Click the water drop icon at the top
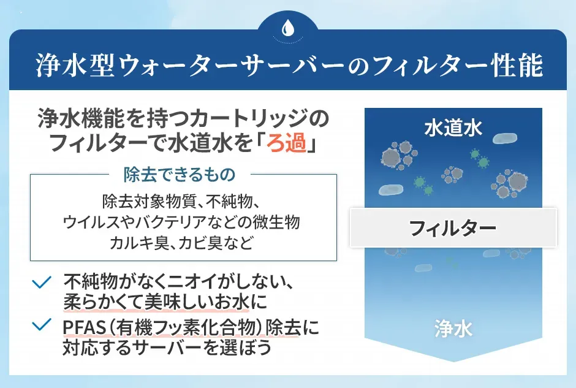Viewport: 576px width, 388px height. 287,28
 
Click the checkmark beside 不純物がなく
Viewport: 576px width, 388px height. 42,283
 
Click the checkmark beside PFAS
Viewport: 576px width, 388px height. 42,325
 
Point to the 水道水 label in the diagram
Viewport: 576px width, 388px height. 453,128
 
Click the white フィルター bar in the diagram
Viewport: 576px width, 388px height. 453,228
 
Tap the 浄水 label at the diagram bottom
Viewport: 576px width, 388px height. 453,329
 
